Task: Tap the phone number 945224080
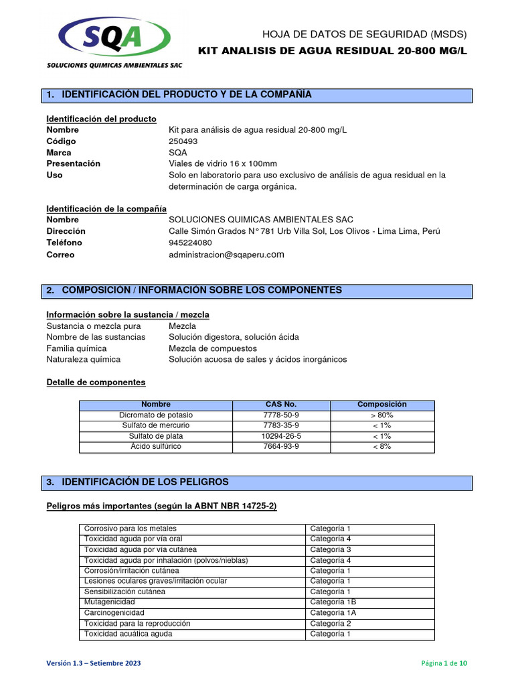tap(190, 243)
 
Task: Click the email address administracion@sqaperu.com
tap(227, 255)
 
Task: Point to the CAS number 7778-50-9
tap(281, 415)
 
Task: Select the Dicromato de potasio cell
tap(155, 415)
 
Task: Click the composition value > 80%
tap(382, 415)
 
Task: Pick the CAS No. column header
tap(281, 405)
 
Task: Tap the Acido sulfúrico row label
tap(155, 446)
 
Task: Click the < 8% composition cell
tap(382, 446)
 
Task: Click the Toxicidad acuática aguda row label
tap(128, 634)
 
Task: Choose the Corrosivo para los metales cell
tap(124, 529)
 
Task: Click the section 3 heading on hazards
tap(145, 482)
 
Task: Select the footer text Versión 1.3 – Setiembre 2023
tap(93, 663)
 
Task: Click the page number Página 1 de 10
tap(444, 663)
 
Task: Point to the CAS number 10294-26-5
tap(281, 436)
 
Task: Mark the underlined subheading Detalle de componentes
tap(96, 383)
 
